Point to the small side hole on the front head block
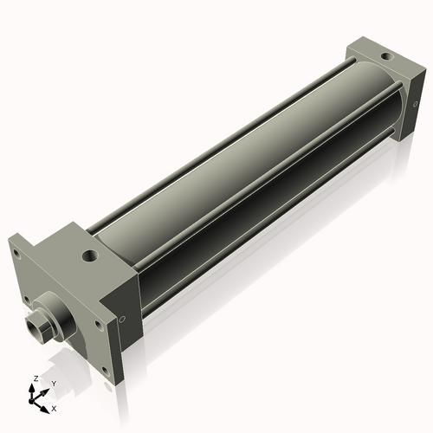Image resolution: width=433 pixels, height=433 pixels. tap(122, 320)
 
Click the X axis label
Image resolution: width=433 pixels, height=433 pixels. tap(55, 407)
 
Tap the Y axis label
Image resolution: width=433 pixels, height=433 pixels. tap(53, 383)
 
